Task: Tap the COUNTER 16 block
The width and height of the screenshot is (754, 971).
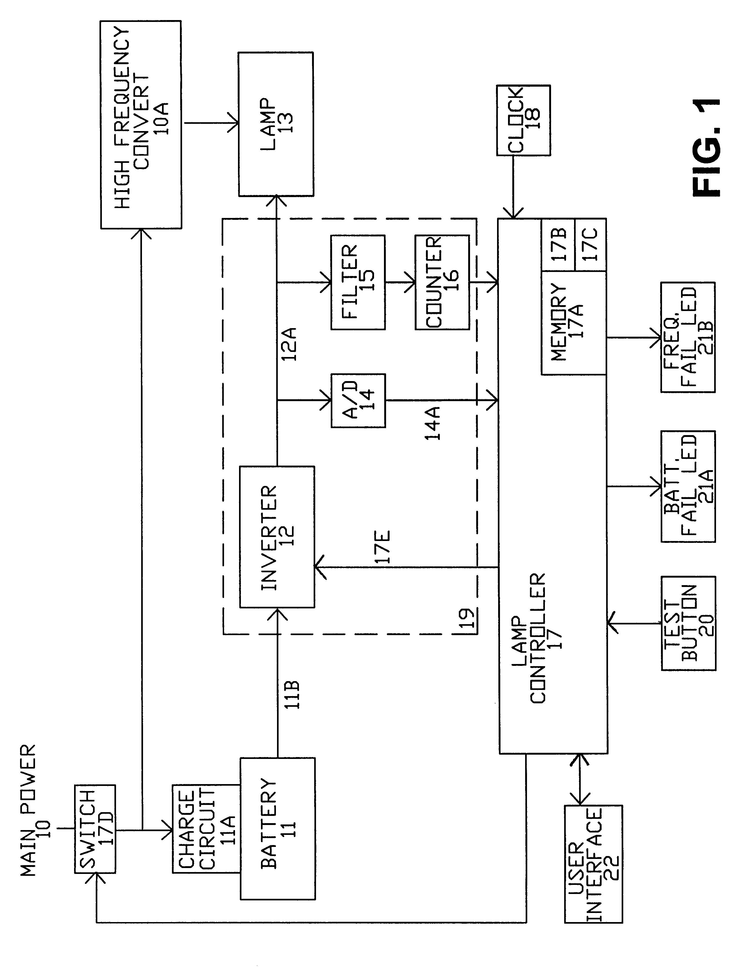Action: (442, 282)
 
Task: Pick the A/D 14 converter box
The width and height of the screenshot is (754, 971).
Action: (358, 400)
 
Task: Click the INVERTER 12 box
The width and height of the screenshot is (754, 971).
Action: (277, 537)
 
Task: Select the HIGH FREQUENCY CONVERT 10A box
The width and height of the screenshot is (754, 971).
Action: (141, 125)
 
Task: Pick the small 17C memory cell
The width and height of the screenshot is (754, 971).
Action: (590, 244)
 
